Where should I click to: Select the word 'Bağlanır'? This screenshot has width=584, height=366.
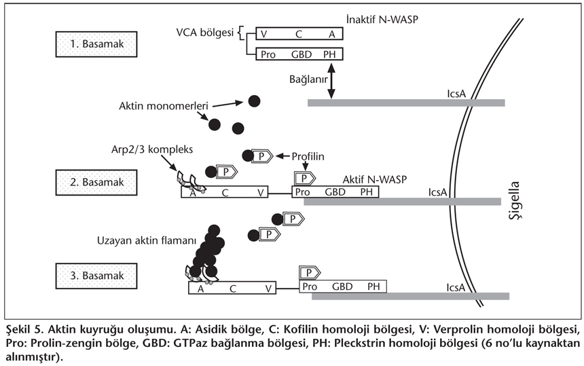coord(306,80)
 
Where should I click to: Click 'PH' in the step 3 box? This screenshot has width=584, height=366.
coord(374,287)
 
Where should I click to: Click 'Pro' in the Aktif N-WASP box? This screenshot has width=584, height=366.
coord(302,193)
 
